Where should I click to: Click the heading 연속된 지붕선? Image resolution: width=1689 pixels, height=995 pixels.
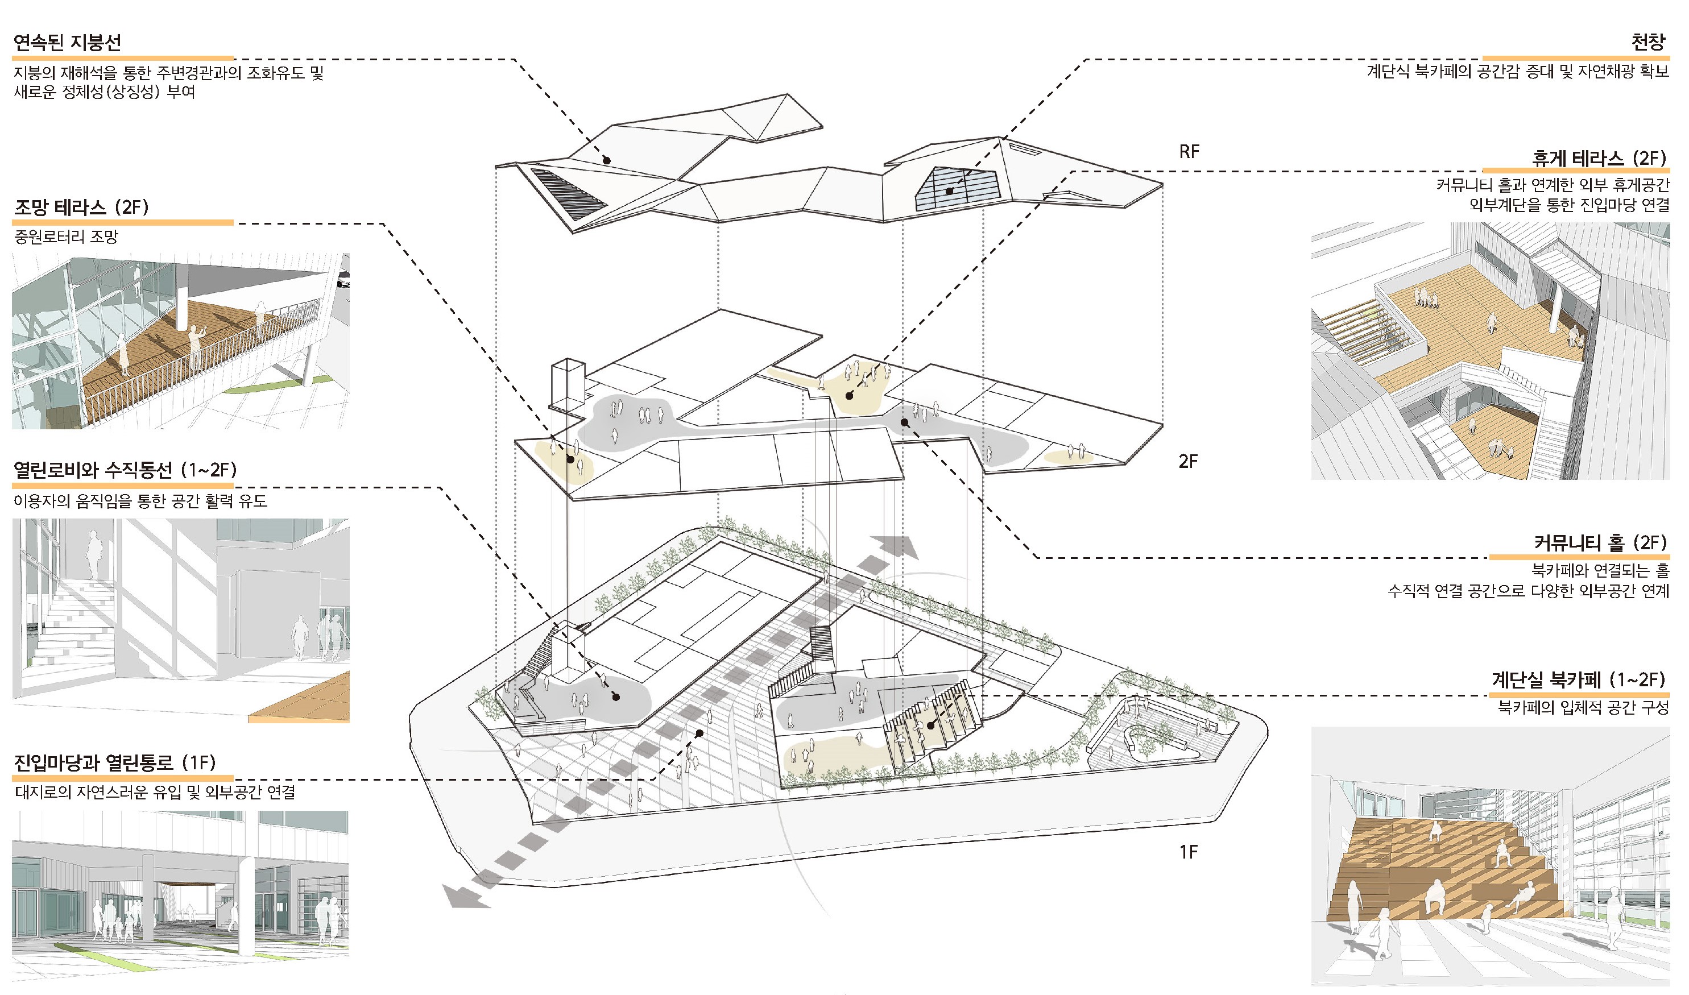click(67, 43)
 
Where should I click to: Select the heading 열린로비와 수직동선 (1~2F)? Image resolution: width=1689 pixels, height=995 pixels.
click(125, 470)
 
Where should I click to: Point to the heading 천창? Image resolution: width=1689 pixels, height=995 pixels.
click(1648, 42)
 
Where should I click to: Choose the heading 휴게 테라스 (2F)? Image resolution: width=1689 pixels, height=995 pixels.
click(1599, 158)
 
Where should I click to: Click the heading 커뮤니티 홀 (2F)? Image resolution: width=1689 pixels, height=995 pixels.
click(1600, 542)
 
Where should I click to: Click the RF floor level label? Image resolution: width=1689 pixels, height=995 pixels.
click(1189, 152)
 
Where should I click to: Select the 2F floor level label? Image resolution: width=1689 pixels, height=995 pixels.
click(1188, 461)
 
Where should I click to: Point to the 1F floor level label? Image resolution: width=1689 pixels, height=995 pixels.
click(1188, 852)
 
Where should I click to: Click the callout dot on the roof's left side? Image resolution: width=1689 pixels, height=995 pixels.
click(606, 161)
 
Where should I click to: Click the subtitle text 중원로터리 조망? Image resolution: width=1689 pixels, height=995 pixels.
click(66, 237)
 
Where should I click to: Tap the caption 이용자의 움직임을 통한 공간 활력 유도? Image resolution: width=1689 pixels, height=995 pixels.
click(140, 501)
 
